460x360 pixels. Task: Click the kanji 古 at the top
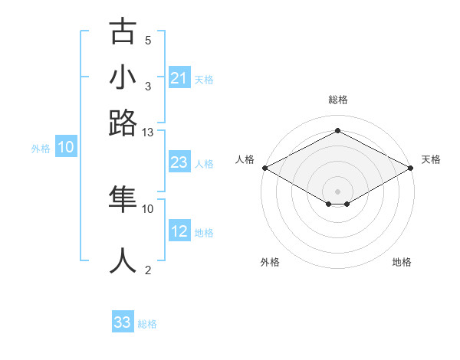[x=123, y=33]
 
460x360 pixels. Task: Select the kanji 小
[x=123, y=78]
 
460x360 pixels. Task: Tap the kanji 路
[x=123, y=123]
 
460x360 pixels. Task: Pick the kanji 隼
[x=123, y=199]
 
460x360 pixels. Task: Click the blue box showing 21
[x=179, y=78]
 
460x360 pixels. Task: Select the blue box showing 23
[x=179, y=162]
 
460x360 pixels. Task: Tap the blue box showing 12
[x=179, y=231]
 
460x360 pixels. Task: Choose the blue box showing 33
[x=123, y=322]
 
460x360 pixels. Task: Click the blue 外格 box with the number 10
[x=65, y=147]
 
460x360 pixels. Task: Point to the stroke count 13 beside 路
[x=148, y=133]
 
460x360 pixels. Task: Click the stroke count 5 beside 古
[x=148, y=41]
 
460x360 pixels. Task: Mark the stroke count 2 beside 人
[x=148, y=270]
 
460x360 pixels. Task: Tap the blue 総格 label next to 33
[x=147, y=324]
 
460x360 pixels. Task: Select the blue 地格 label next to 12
[x=204, y=233]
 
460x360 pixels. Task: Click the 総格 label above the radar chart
[x=338, y=100]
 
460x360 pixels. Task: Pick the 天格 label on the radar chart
[x=431, y=159]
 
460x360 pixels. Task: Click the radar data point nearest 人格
[x=264, y=168]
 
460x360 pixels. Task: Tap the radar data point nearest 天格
[x=412, y=168]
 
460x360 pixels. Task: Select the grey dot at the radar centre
[x=338, y=191]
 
